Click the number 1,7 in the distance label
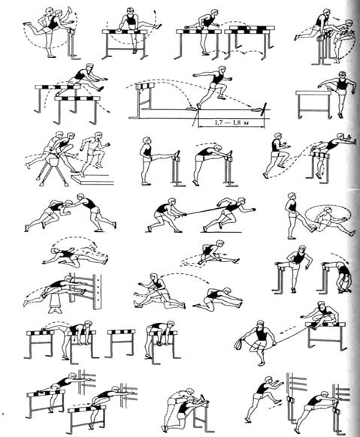pyautogui.click(x=219, y=122)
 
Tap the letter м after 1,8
pyautogui.click(x=246, y=123)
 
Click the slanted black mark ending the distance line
pyautogui.click(x=264, y=108)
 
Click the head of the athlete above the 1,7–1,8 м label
pyautogui.click(x=221, y=70)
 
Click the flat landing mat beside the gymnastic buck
pyautogui.click(x=92, y=179)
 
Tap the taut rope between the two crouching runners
pyautogui.click(x=205, y=211)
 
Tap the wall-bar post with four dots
pyautogui.click(x=97, y=291)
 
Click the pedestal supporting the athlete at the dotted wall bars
pyautogui.click(x=55, y=304)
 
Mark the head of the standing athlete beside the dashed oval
pyautogui.click(x=292, y=197)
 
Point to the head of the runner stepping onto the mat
pyautogui.click(x=98, y=137)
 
